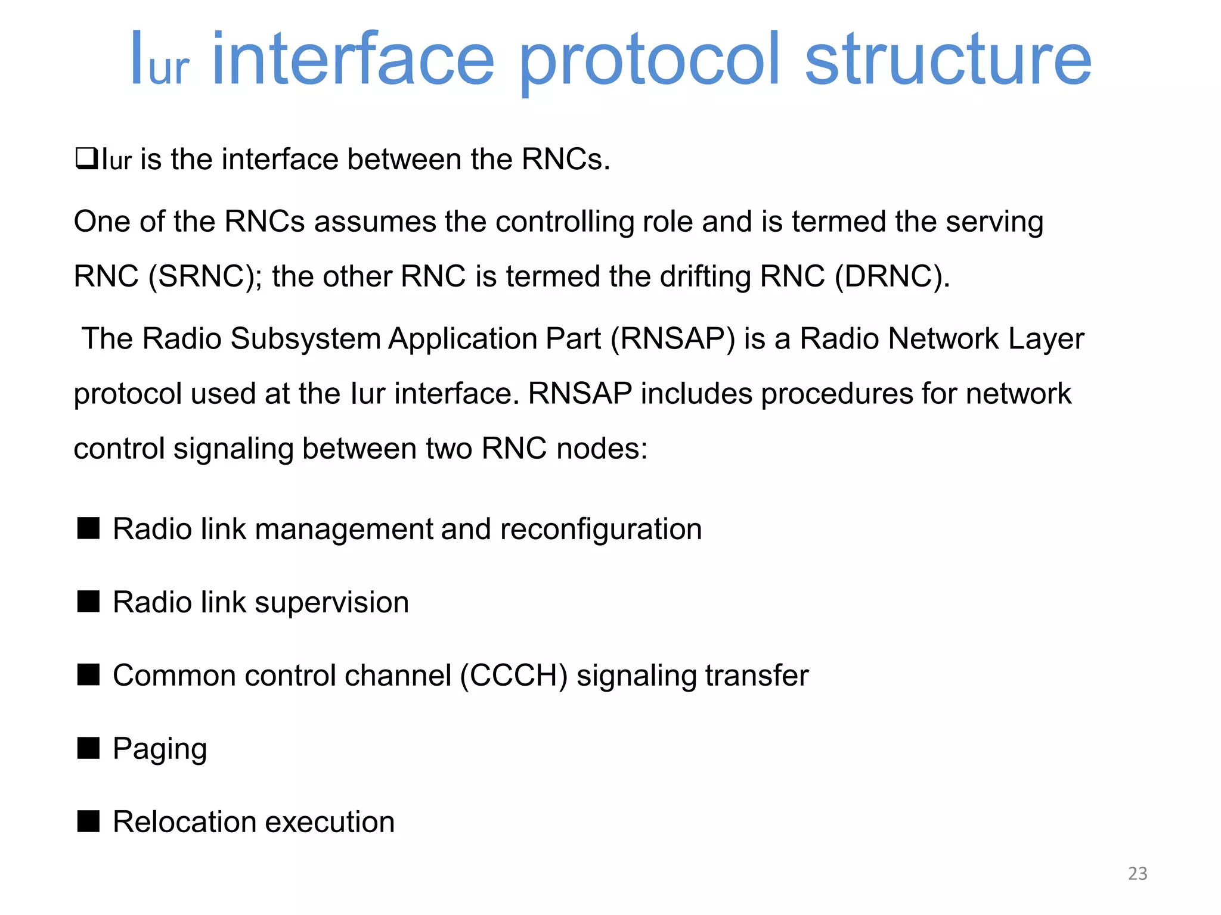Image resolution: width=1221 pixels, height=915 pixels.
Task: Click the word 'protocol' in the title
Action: point(649,60)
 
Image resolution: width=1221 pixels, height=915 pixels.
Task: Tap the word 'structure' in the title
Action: point(948,60)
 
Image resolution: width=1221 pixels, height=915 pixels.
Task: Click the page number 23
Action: point(1138,873)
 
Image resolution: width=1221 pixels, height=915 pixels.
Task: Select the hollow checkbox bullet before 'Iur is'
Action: point(86,159)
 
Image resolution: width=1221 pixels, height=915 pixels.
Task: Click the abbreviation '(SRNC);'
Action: point(205,276)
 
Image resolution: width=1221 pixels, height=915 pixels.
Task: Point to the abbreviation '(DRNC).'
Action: point(892,276)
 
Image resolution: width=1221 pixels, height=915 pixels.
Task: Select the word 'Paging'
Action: point(160,749)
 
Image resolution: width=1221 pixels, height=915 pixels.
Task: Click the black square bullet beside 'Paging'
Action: point(88,748)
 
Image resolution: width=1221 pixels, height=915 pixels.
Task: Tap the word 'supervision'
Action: point(332,602)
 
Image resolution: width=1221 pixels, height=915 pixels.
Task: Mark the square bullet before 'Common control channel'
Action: point(88,674)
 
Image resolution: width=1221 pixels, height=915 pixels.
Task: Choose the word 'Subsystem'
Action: point(305,338)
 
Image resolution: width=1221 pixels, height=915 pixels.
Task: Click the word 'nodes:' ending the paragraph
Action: point(602,448)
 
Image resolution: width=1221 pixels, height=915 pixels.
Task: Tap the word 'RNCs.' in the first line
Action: point(566,159)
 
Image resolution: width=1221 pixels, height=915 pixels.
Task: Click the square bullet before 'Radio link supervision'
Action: point(88,601)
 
